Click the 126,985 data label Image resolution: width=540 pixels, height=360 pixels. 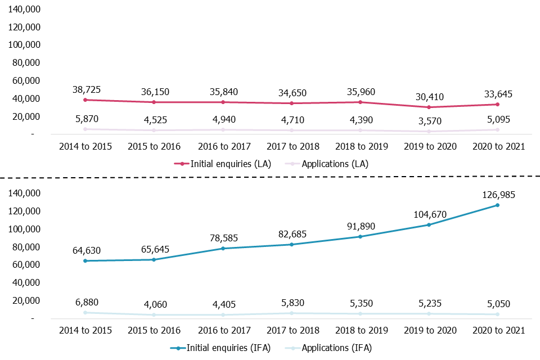tap(498, 195)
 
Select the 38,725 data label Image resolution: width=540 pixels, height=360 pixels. tap(85, 89)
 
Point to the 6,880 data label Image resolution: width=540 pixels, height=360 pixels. tap(85, 302)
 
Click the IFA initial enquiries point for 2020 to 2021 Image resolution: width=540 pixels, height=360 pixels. tap(498, 205)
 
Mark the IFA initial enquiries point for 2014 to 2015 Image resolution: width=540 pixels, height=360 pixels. tap(85, 260)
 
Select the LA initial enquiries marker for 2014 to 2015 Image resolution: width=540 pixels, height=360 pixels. tap(85, 100)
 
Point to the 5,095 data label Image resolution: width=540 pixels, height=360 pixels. tap(498, 119)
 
